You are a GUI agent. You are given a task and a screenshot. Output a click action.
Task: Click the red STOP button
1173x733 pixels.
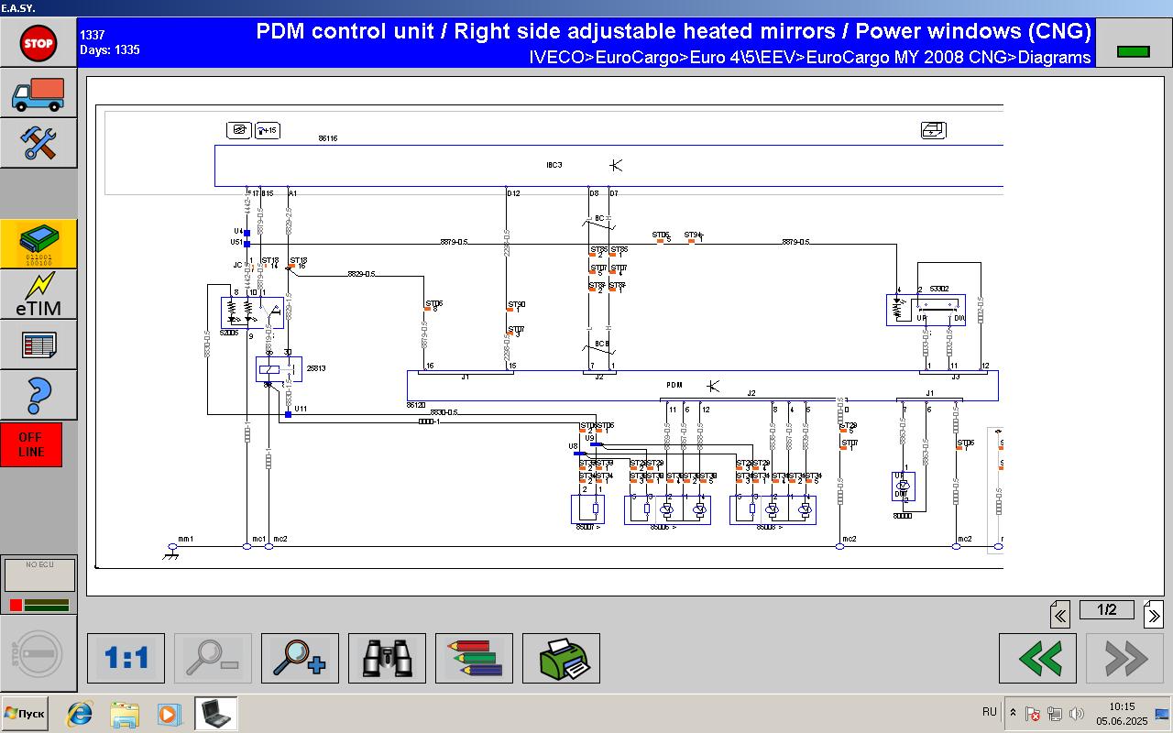[38, 42]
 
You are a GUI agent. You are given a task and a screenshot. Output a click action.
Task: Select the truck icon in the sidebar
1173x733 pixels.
[38, 93]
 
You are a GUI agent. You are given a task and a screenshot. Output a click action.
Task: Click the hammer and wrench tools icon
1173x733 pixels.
[38, 143]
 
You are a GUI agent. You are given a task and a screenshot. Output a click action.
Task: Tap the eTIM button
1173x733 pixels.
[38, 294]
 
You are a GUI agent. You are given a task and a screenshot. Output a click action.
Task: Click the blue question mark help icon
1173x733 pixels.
[38, 395]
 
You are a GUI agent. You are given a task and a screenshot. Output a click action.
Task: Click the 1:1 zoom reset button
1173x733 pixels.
[126, 658]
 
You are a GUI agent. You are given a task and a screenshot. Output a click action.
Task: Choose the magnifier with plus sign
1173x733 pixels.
[300, 658]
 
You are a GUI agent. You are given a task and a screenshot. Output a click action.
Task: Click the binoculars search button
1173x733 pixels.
[387, 658]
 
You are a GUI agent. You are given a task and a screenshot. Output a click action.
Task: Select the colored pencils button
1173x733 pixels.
[474, 658]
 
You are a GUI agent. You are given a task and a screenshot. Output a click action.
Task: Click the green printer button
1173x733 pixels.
[561, 658]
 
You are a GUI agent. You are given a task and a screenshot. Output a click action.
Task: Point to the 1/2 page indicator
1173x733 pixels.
[1106, 610]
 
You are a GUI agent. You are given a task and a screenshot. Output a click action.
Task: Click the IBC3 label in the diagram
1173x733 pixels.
[554, 165]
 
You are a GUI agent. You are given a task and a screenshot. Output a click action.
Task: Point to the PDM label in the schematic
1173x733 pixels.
[674, 386]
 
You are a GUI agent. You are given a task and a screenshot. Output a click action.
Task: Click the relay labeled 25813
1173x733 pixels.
[316, 368]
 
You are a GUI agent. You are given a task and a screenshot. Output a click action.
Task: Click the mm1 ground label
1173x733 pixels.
[185, 539]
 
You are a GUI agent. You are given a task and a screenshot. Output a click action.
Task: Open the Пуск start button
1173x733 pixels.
[26, 713]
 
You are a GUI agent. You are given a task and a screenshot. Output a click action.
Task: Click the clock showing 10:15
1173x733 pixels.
[1122, 706]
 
